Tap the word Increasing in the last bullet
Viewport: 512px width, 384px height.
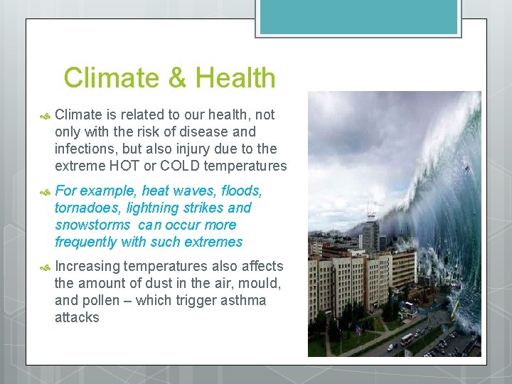[87, 266]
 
